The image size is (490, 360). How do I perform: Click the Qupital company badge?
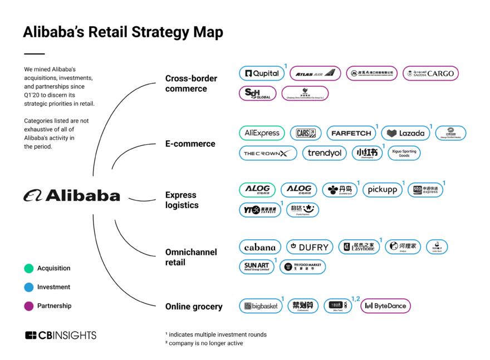click(261, 73)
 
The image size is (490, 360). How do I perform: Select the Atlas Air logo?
click(315, 73)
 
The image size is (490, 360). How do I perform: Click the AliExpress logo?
click(262, 134)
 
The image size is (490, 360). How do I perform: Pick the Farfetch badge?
click(351, 134)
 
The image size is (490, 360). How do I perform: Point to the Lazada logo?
click(405, 134)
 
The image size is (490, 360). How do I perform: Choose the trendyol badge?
click(324, 153)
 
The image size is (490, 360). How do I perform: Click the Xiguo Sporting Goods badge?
click(404, 153)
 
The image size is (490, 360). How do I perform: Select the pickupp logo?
click(382, 190)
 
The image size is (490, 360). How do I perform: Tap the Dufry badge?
click(309, 247)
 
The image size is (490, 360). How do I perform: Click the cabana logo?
click(259, 247)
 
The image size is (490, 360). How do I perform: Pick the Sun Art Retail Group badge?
click(257, 267)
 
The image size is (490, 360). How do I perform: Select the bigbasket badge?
click(261, 306)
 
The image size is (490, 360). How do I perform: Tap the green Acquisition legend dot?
click(29, 268)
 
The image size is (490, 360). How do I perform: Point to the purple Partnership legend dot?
click(29, 305)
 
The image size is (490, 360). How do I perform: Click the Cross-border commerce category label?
click(191, 83)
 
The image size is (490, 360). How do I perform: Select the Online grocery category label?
click(193, 307)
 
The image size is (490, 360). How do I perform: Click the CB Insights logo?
click(61, 335)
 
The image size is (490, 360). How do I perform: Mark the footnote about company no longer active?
click(205, 343)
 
